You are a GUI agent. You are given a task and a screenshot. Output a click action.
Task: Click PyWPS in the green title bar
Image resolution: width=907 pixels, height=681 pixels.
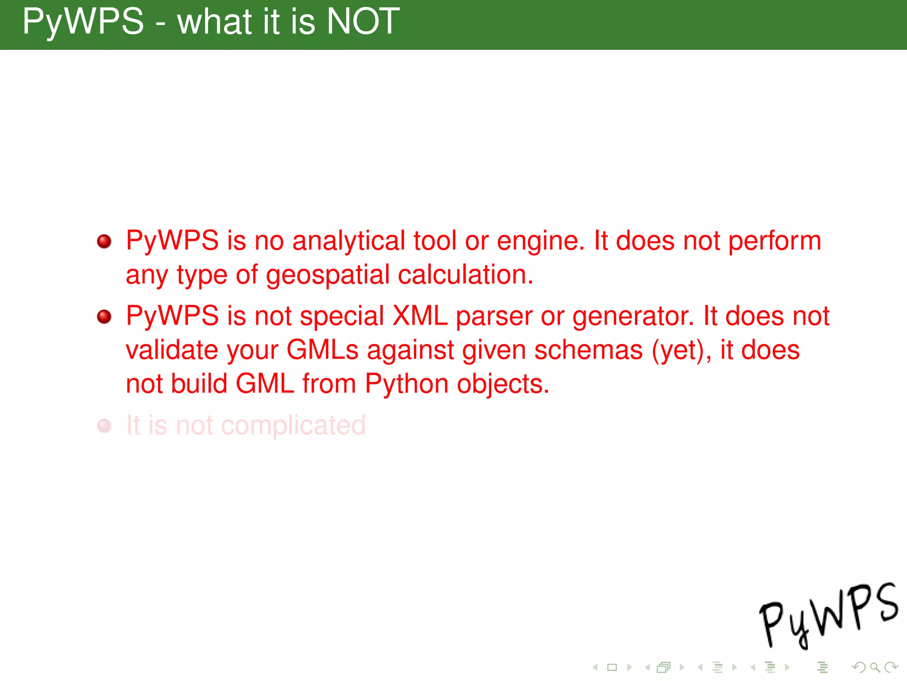click(x=83, y=22)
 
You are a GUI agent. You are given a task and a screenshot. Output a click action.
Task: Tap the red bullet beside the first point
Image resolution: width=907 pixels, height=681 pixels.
click(x=105, y=242)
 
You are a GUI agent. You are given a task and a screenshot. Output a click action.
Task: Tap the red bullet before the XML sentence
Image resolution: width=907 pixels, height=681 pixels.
click(x=105, y=317)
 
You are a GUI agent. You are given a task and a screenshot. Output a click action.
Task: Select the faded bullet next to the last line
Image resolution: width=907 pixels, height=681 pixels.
click(x=105, y=426)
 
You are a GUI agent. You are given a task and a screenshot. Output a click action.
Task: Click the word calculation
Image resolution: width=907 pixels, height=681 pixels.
click(x=465, y=275)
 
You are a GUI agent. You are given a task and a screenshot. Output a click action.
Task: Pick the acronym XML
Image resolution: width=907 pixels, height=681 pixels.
click(x=420, y=316)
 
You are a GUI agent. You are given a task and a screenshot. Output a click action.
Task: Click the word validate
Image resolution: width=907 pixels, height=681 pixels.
click(x=172, y=350)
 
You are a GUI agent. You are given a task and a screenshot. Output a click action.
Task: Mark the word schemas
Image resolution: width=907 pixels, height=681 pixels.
click(x=588, y=350)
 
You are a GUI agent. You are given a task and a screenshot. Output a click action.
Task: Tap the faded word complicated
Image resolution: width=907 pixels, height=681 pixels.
click(x=293, y=426)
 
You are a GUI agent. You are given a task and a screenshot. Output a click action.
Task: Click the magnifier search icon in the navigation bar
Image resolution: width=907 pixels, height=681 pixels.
click(x=875, y=667)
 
